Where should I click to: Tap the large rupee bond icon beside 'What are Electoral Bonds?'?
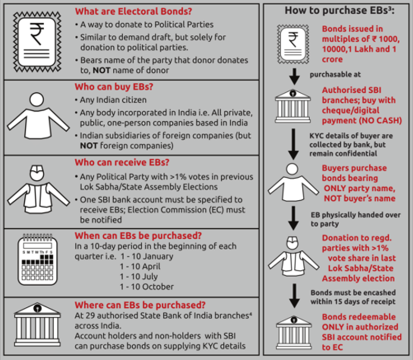point(37,41)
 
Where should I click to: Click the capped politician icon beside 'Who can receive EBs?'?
point(37,189)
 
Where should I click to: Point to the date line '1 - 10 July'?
point(140,277)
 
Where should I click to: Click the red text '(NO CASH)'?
point(368,120)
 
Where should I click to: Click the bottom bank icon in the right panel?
point(294,330)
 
